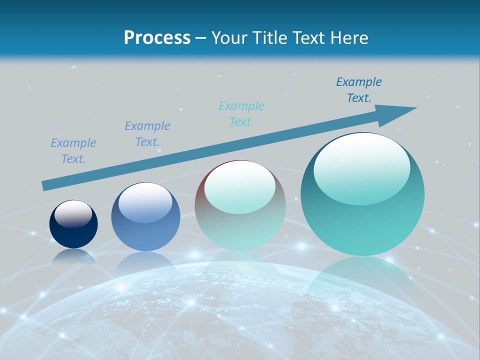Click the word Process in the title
point(157,38)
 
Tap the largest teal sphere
point(362,220)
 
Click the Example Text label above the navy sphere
point(73,151)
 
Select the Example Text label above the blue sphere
point(147,134)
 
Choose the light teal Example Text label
point(241,114)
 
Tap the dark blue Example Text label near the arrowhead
point(359,90)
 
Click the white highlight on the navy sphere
point(73,214)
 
